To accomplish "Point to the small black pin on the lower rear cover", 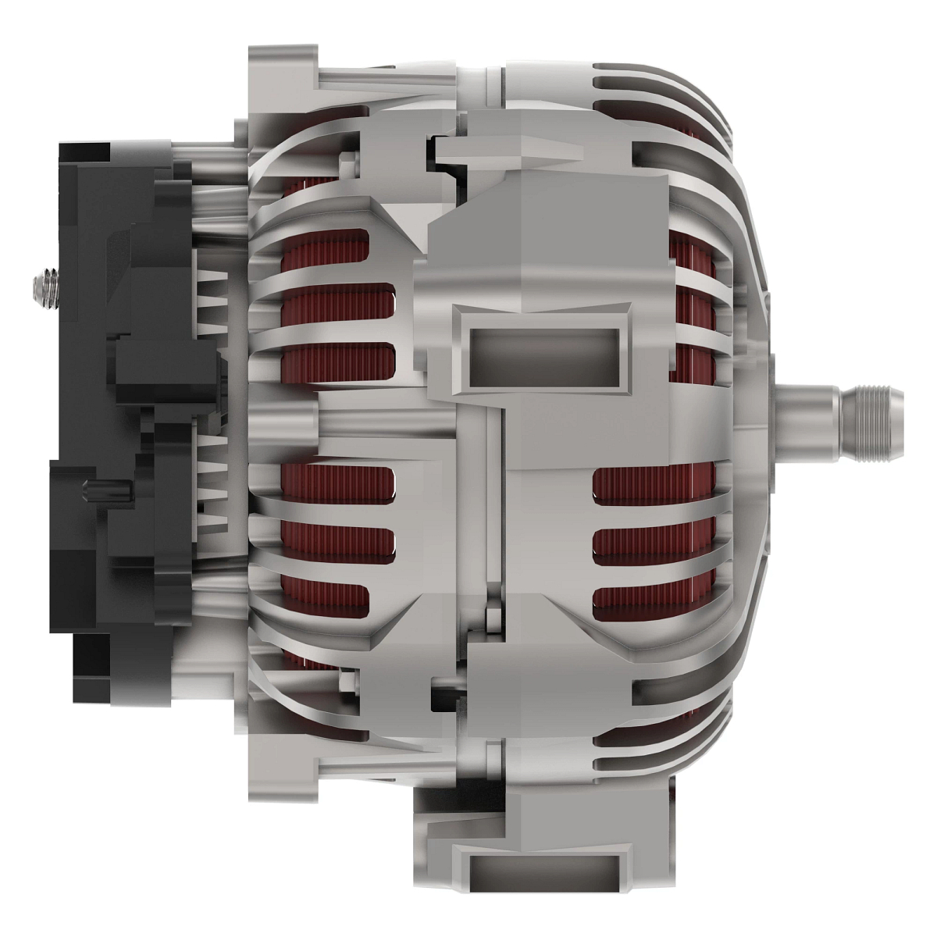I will click(97, 491).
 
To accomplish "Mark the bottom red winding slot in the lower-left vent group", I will click(324, 597).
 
